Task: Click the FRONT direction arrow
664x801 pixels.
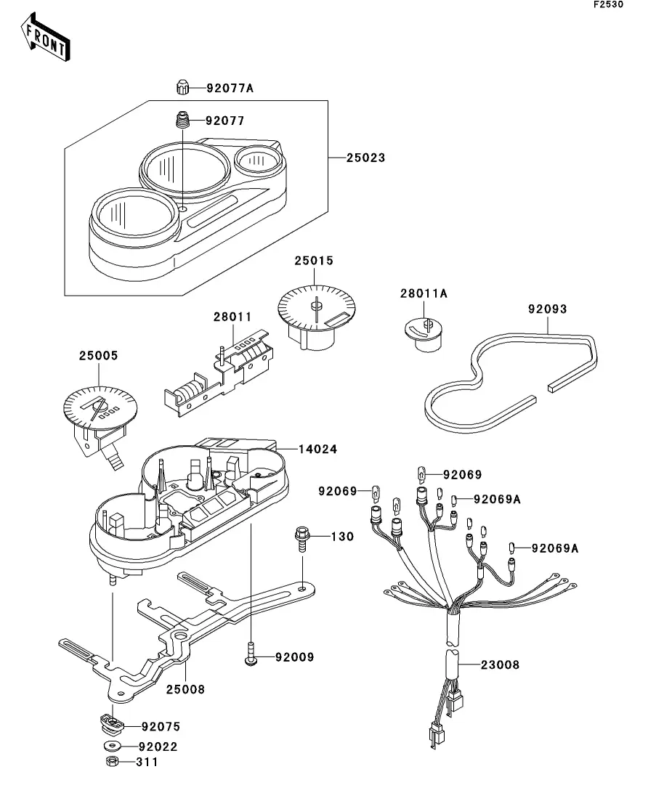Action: coord(45,38)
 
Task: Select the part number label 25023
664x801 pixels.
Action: coord(365,158)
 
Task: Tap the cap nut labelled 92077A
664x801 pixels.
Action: coord(182,87)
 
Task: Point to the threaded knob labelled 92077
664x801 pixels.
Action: coord(183,121)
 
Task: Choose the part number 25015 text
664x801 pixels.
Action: coord(314,261)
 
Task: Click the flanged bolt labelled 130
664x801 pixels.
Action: coord(301,540)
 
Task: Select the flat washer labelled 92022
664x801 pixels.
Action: coord(112,746)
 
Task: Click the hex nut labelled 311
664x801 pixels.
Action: coord(112,761)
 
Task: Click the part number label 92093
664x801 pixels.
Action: coord(548,309)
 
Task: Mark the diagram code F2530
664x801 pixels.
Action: coord(608,4)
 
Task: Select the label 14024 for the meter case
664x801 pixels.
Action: coord(318,450)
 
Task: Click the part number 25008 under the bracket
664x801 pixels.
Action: coord(185,690)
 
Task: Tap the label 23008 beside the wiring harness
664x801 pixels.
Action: coord(500,665)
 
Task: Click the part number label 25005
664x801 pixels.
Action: coord(98,356)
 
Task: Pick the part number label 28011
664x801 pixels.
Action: coord(232,317)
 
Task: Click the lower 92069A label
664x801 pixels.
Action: coord(555,548)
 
